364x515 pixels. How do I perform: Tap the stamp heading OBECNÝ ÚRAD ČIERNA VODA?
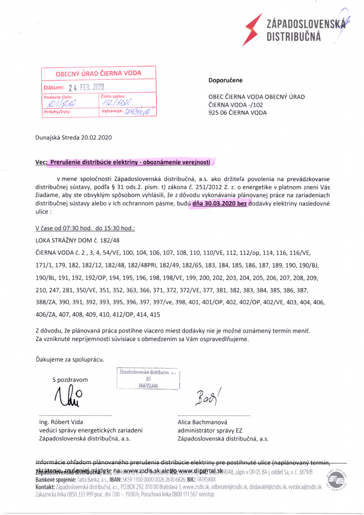tap(98, 73)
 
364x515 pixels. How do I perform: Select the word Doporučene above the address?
tap(225, 80)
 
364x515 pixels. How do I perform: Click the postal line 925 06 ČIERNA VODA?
tap(238, 113)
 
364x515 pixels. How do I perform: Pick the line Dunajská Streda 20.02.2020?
tap(73, 137)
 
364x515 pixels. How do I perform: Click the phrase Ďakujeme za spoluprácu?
tap(70, 359)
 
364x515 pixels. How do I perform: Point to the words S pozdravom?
tap(70, 380)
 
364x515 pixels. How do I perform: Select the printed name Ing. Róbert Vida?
tap(62, 422)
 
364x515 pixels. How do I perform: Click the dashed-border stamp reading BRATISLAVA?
tap(148, 379)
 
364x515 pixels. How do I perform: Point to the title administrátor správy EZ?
tap(210, 431)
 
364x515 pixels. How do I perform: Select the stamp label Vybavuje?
tap(112, 112)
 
